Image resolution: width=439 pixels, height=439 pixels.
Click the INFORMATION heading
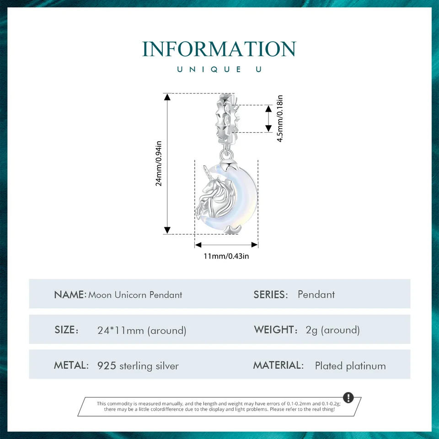219,49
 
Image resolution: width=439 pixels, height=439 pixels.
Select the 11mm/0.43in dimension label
226,256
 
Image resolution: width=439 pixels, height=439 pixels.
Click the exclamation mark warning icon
348,397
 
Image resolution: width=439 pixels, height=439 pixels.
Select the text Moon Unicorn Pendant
135,294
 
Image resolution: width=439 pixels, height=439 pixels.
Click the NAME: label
70,294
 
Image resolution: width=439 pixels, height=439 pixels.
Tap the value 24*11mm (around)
142,330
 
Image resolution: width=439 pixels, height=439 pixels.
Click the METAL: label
71,365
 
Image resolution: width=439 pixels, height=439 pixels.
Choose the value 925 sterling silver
138,366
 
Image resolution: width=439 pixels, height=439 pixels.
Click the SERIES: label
271,294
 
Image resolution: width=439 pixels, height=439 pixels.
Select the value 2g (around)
332,330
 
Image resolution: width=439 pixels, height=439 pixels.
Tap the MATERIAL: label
278,365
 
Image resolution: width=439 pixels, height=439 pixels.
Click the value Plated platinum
350,366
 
